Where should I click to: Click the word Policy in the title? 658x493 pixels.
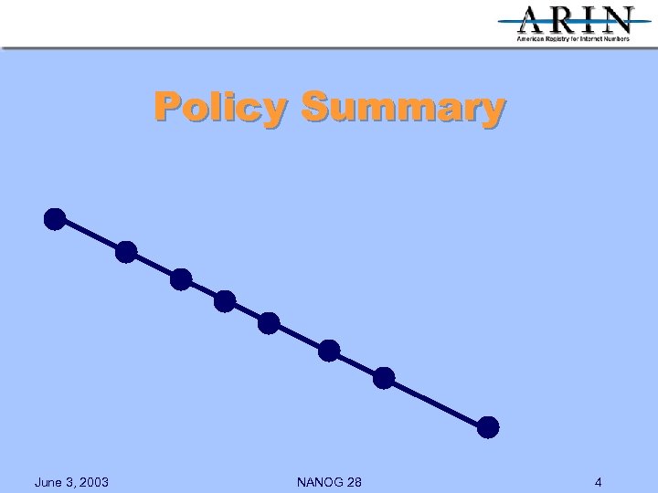219,107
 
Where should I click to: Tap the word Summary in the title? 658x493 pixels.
402,107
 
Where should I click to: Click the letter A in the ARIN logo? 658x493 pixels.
535,20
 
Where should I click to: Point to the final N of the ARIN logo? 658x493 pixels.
617,20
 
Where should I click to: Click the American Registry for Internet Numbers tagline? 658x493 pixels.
573,39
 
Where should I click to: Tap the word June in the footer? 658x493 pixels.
48,482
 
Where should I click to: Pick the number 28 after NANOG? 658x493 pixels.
353,482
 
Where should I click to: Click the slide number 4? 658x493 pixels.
598,482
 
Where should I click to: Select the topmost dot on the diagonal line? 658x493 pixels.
55,219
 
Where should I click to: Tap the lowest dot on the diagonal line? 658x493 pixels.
489,426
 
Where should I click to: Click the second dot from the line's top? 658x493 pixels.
126,252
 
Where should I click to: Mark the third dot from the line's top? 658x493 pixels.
181,279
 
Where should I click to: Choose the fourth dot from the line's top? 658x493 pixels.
225,301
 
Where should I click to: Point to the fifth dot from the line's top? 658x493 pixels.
269,323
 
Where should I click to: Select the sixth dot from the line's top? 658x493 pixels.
329,351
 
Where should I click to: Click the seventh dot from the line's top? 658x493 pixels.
384,377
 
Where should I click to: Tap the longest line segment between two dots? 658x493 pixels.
437,403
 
